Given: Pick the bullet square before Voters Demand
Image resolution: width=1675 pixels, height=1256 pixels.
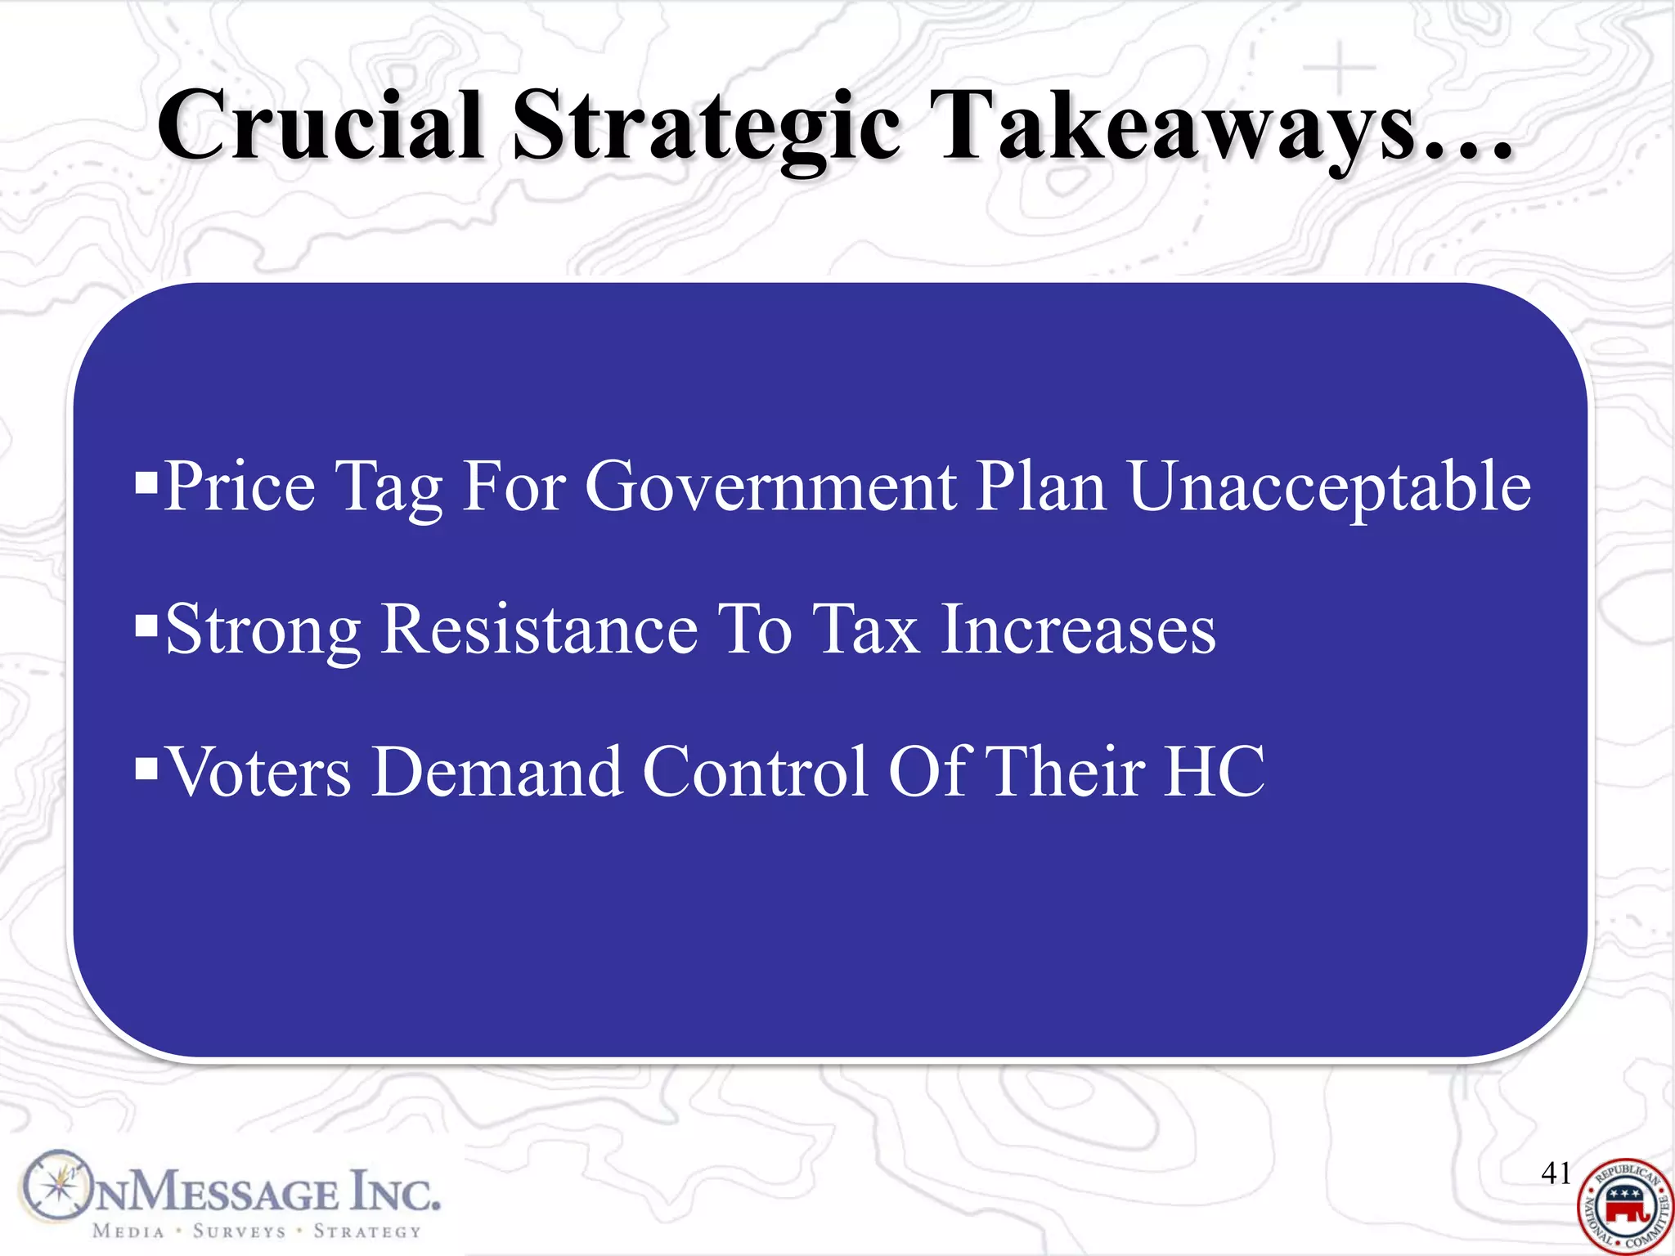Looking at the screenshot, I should coord(146,769).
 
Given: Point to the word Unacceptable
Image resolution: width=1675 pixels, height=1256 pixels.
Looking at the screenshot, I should coord(1329,488).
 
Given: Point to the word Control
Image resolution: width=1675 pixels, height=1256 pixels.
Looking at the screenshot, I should coord(754,772).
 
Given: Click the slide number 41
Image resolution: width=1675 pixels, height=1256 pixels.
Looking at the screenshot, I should coord(1556,1173).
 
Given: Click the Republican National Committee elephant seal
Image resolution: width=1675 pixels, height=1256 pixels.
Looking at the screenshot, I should coord(1624,1207).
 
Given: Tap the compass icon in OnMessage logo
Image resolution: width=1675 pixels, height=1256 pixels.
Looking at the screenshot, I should coord(56,1186).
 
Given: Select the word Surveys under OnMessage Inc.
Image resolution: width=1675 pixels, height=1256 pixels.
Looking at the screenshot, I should coord(239,1231).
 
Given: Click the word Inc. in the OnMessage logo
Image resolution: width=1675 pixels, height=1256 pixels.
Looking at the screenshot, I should coord(396,1194).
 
